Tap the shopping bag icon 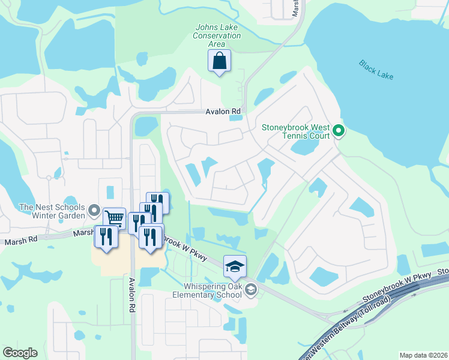click(219, 61)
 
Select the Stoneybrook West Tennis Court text click(297, 131)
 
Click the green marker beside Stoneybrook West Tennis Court click(339, 130)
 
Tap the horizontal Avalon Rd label click(223, 112)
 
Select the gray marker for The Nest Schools click(94, 210)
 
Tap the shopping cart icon click(114, 219)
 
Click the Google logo click(19, 353)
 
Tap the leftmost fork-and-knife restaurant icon click(105, 235)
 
